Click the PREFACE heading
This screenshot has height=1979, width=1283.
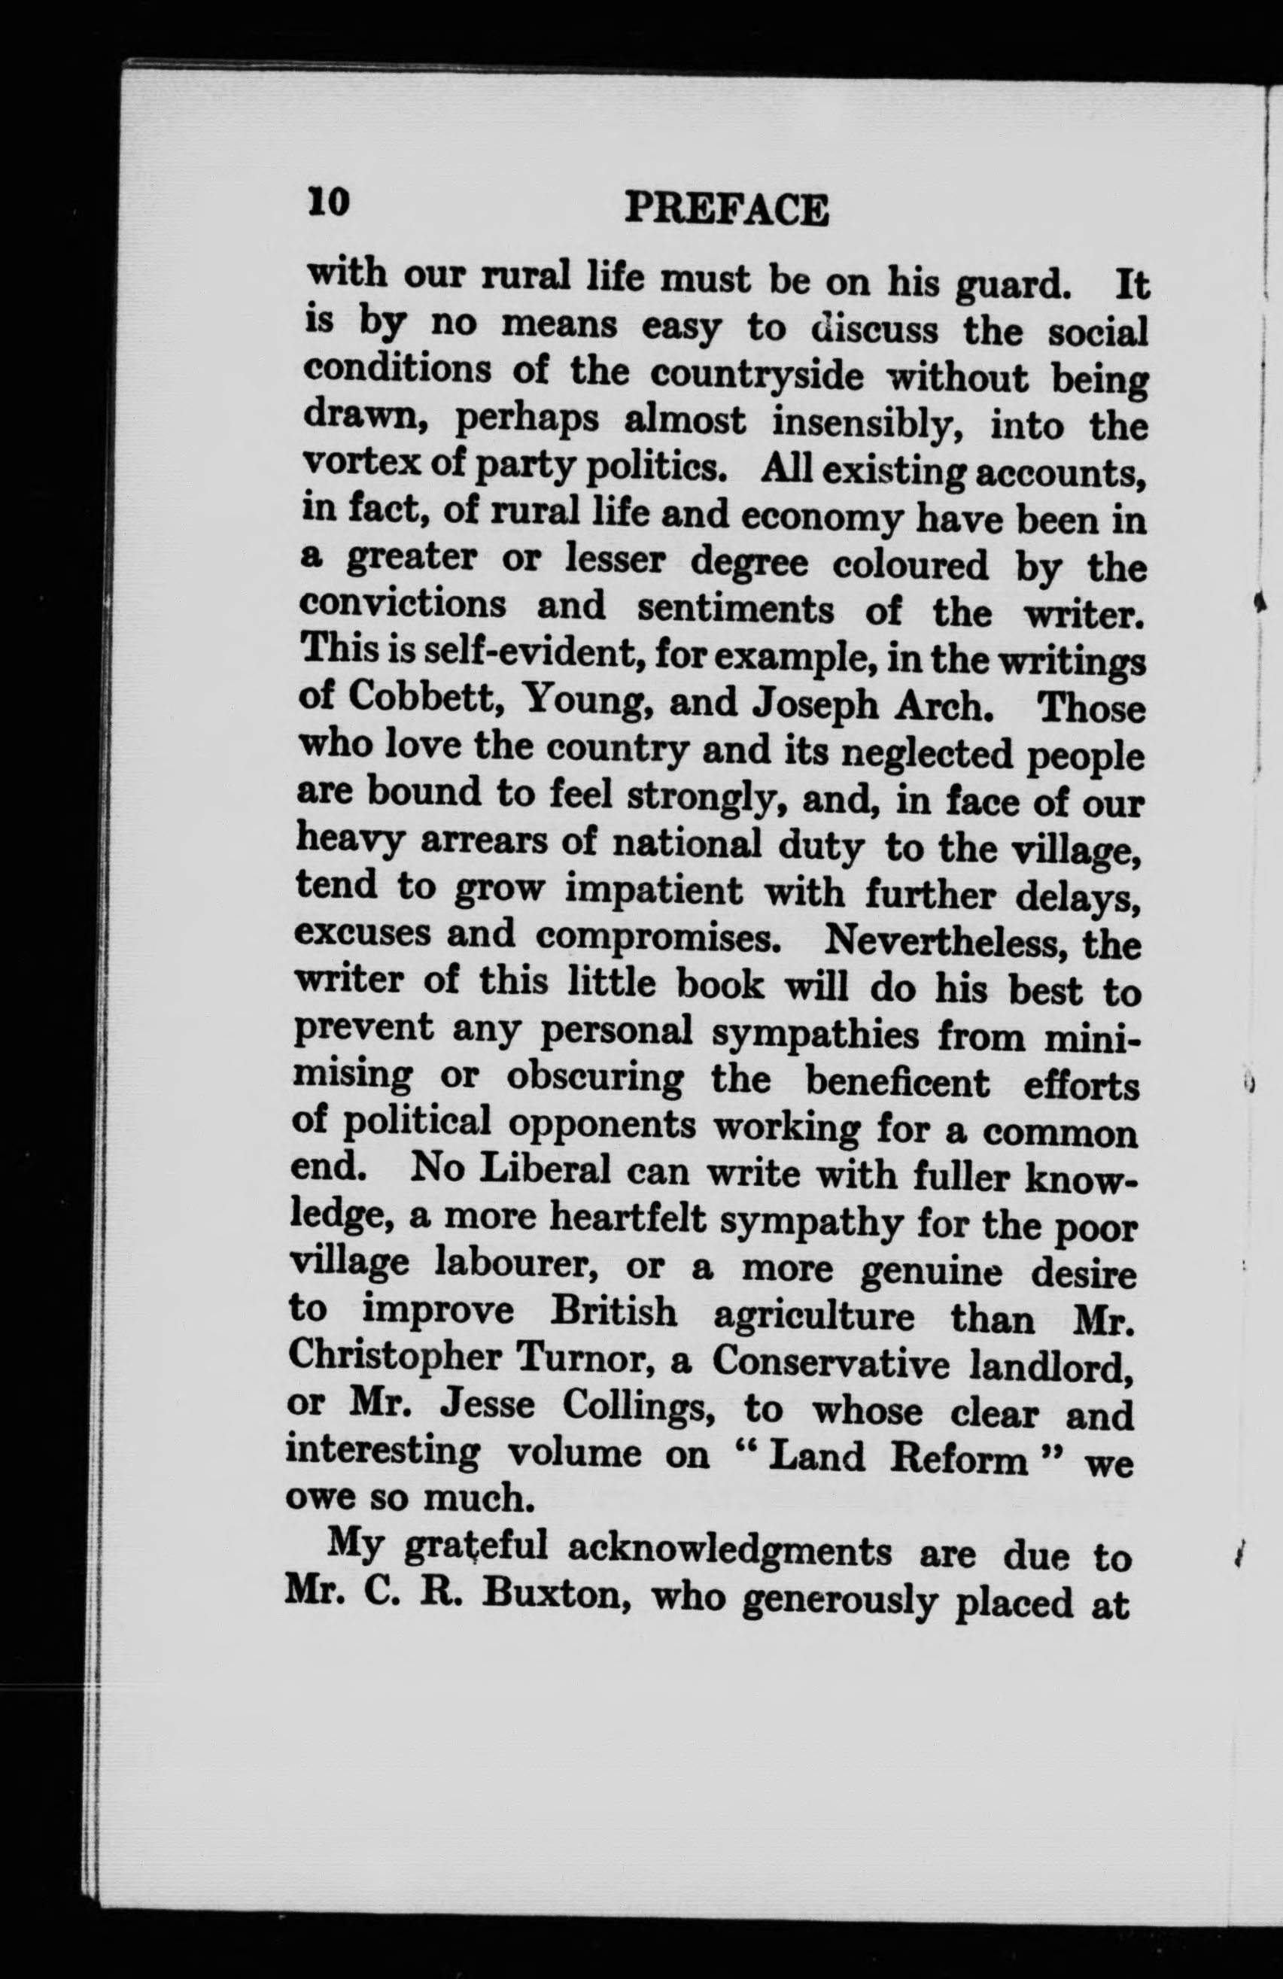(726, 209)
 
